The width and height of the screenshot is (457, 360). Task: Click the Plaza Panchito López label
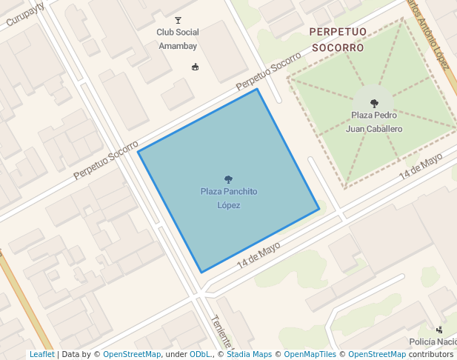tap(228, 198)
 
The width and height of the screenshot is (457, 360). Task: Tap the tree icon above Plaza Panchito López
tap(228, 179)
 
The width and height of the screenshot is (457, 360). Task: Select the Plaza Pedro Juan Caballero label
tap(374, 121)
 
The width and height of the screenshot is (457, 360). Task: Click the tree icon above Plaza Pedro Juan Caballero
tap(374, 104)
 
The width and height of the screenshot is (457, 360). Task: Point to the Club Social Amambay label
tap(178, 39)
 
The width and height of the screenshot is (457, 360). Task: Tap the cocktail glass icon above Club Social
tap(178, 20)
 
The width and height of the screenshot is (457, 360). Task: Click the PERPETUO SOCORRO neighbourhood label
tap(337, 39)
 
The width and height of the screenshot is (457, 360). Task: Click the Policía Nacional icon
tap(439, 330)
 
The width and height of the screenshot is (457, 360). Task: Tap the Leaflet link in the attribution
tap(41, 355)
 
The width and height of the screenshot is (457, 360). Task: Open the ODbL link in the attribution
tap(200, 355)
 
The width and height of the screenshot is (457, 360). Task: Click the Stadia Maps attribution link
tap(249, 355)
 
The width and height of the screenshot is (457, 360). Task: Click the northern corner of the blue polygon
tap(257, 90)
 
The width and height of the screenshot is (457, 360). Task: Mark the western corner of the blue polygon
tap(139, 152)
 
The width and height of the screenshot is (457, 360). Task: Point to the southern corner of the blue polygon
tap(201, 273)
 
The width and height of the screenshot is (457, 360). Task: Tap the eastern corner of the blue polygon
tap(319, 209)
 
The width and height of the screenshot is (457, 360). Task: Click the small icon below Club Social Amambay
tap(196, 67)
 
